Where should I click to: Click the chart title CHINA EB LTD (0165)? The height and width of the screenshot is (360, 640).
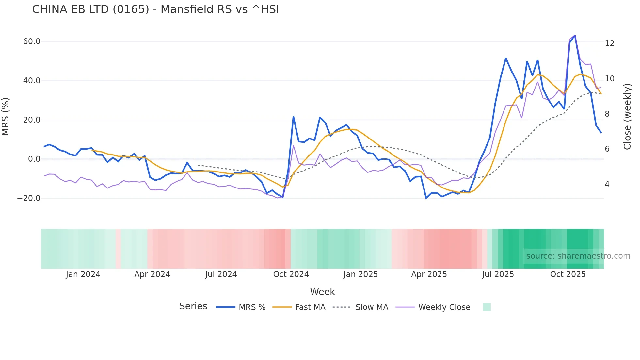tap(155, 9)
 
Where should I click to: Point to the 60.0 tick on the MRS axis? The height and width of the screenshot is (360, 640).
tap(32, 41)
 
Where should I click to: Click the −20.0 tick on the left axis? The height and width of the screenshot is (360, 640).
tap(29, 198)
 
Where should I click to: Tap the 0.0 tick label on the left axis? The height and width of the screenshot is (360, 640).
tap(34, 159)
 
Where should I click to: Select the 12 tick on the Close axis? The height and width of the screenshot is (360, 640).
tap(609, 43)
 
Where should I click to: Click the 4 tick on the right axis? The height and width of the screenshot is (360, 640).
tap(607, 184)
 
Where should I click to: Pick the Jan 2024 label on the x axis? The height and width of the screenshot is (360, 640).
tap(83, 274)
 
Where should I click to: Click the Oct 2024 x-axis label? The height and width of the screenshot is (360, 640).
tap(291, 274)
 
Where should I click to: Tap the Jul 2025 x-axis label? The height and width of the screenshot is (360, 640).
tap(498, 274)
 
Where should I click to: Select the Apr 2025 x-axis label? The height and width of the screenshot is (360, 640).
tap(429, 274)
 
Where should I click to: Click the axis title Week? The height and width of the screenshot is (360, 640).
tap(322, 292)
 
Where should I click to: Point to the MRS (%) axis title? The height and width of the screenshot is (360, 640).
tap(6, 117)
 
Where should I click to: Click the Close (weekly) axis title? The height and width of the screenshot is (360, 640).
tap(627, 117)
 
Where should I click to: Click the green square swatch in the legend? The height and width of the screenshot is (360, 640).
tap(487, 307)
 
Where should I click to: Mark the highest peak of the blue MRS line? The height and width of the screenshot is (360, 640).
tap(575, 35)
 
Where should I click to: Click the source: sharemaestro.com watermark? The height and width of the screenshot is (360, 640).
tap(578, 256)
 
